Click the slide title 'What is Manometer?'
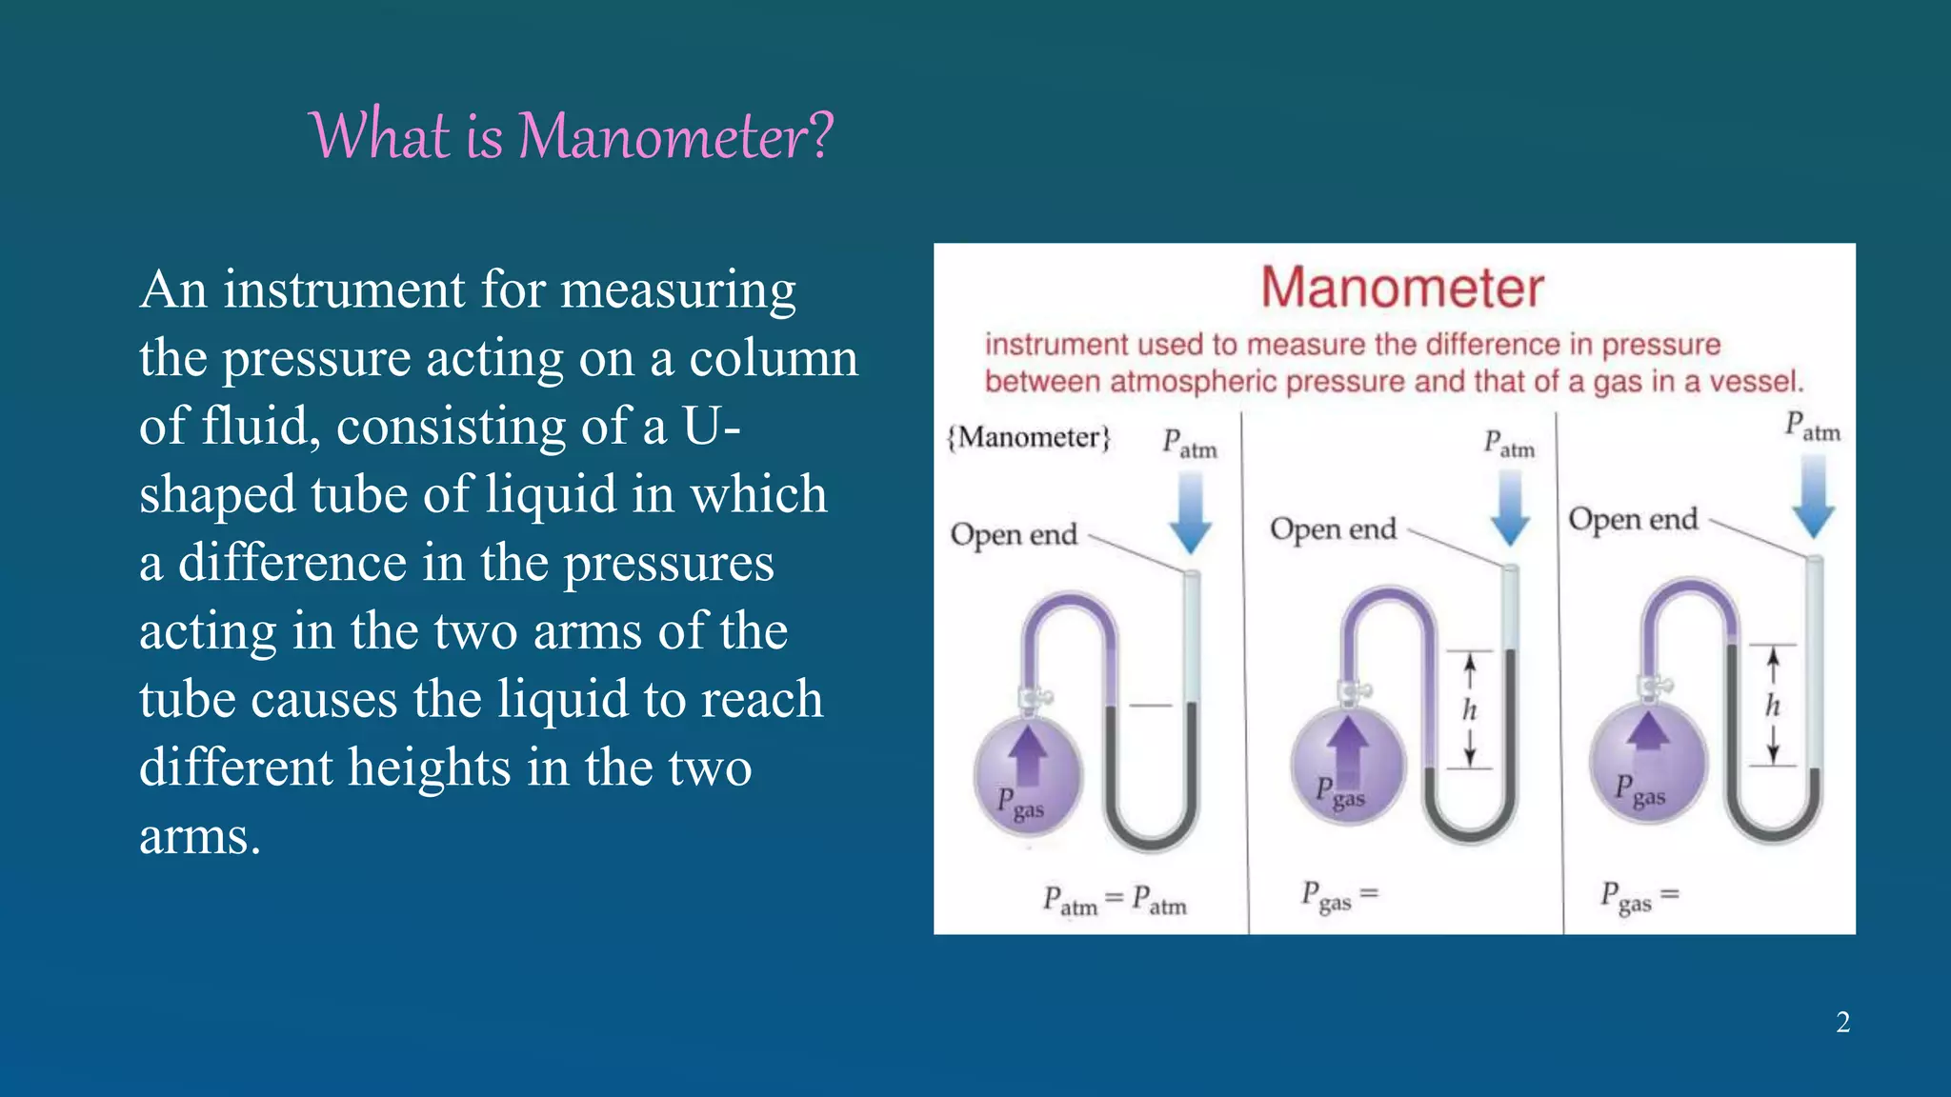click(x=572, y=135)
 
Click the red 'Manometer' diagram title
click(x=1401, y=288)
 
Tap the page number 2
click(x=1842, y=1023)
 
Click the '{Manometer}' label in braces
click(x=1029, y=437)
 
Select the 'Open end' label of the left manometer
click(x=1014, y=534)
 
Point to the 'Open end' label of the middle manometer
click(x=1333, y=529)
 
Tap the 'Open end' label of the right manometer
click(x=1633, y=519)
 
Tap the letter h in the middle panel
click(x=1470, y=709)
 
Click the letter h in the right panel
click(x=1772, y=706)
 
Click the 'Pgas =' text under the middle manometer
click(x=1339, y=896)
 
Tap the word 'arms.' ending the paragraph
click(x=199, y=837)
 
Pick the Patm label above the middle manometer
click(x=1509, y=444)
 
